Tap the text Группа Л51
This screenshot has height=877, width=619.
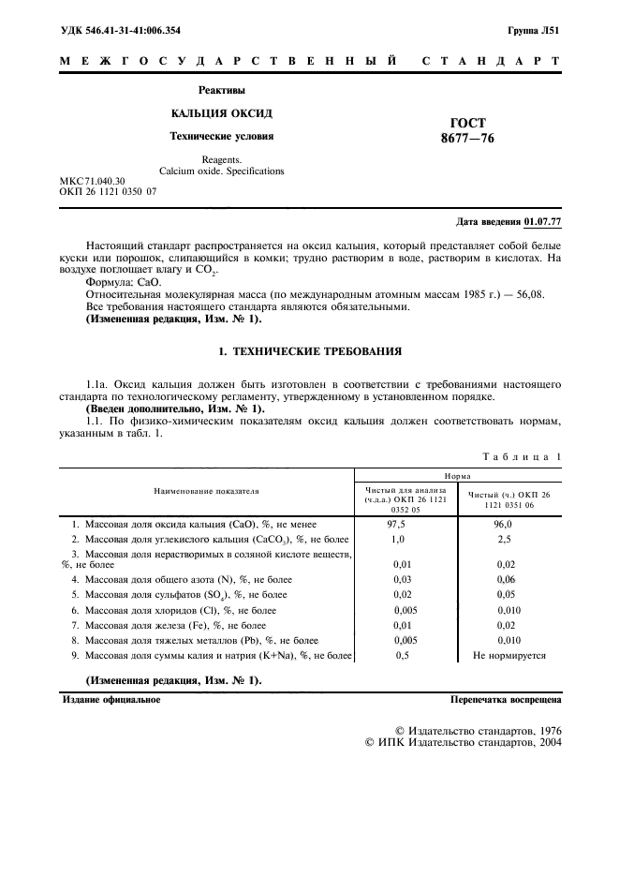point(534,31)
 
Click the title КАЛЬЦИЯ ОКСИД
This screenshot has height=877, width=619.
point(222,112)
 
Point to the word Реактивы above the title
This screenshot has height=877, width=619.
point(222,90)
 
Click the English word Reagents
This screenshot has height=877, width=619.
point(222,160)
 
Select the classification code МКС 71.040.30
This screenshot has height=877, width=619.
point(91,180)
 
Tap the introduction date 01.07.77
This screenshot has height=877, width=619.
point(543,222)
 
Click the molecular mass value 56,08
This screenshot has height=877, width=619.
point(525,294)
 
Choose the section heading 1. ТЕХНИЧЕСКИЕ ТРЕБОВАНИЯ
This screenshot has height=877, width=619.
point(309,351)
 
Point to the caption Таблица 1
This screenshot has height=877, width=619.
point(522,456)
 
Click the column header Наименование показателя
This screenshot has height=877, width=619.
point(207,490)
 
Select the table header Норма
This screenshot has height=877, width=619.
point(457,476)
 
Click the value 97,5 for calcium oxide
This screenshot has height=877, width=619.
point(398,526)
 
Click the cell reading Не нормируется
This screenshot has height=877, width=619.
point(508,656)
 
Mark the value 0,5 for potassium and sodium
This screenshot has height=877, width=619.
point(403,656)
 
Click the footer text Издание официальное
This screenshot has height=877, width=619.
point(111,699)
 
